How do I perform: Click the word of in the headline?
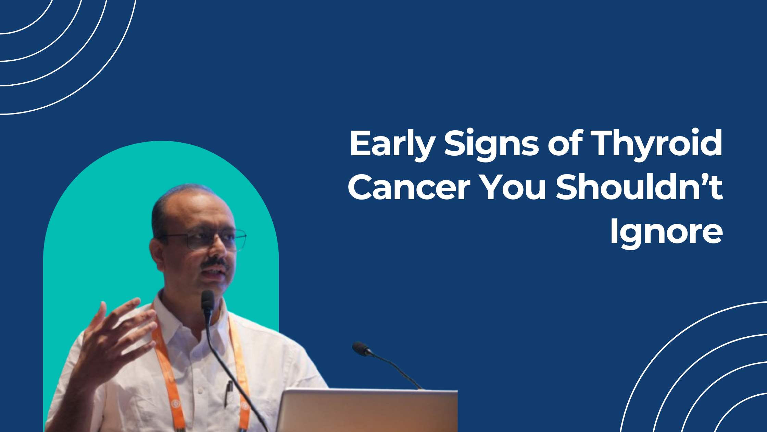pyautogui.click(x=565, y=143)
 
